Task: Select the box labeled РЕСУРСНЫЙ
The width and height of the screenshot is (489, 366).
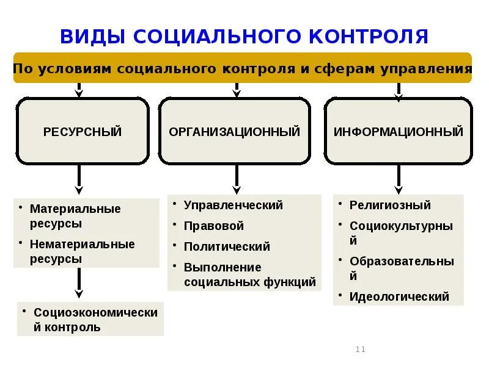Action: pyautogui.click(x=83, y=131)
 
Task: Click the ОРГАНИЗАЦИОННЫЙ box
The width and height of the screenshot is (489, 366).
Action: pyautogui.click(x=235, y=131)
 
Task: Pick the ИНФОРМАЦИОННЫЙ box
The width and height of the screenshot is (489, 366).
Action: pyautogui.click(x=399, y=131)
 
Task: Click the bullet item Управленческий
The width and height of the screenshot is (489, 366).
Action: pyautogui.click(x=233, y=205)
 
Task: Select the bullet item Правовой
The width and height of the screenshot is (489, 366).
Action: pyautogui.click(x=214, y=226)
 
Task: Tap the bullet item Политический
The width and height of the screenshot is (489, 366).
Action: pyautogui.click(x=227, y=246)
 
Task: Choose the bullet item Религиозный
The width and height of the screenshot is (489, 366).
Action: pyautogui.click(x=390, y=205)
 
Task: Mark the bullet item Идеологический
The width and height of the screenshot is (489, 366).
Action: pyautogui.click(x=399, y=297)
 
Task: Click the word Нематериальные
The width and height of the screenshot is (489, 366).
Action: pyautogui.click(x=83, y=244)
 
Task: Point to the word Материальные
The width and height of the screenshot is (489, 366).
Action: pyautogui.click(x=76, y=209)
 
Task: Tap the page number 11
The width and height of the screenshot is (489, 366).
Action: pyautogui.click(x=360, y=349)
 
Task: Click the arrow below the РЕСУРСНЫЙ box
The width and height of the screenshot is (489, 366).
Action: pyautogui.click(x=79, y=181)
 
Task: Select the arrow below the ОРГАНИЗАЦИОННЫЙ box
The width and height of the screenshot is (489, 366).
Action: pyautogui.click(x=237, y=180)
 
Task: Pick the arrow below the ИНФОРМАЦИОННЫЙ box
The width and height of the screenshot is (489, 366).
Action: pyautogui.click(x=399, y=180)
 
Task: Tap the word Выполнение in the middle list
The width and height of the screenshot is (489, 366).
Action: pyautogui.click(x=222, y=267)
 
